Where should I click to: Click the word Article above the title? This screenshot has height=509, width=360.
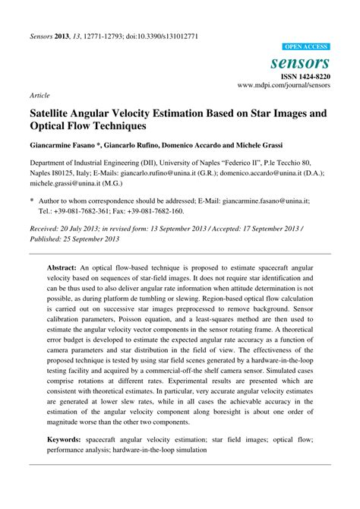[40, 96]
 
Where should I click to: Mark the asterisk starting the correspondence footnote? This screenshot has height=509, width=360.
[31, 201]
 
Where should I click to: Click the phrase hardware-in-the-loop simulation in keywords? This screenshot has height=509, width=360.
[185, 449]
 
